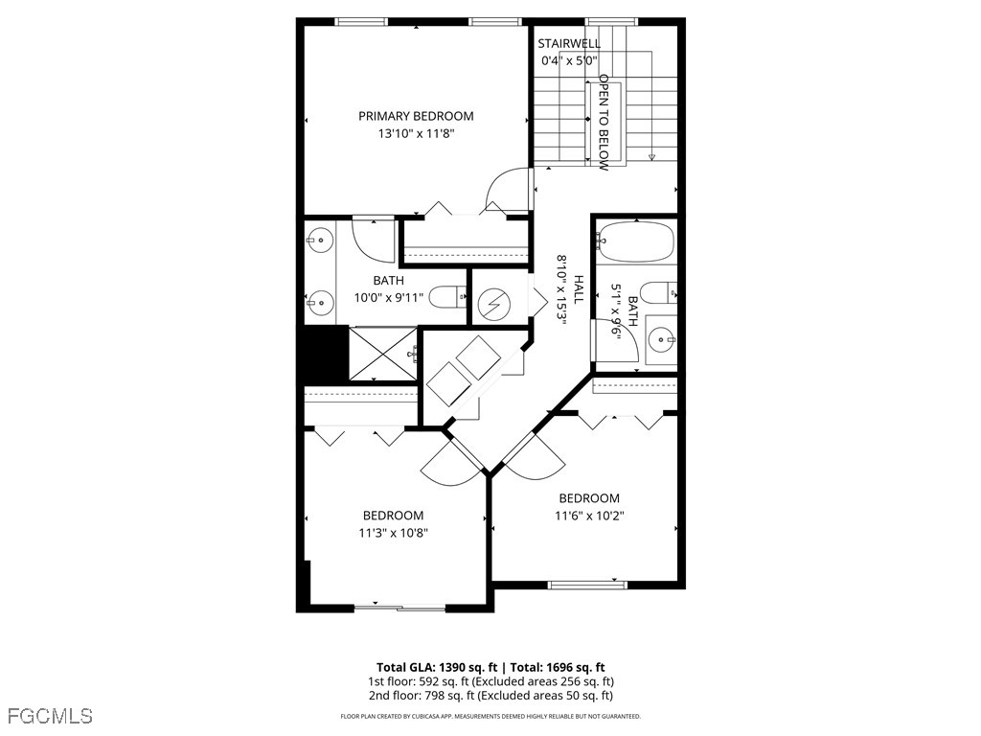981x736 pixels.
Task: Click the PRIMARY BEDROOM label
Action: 416,116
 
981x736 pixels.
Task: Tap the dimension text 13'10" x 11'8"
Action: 416,134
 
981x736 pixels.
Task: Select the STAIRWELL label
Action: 569,43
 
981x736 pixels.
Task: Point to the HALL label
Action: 579,290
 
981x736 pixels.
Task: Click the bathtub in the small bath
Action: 635,241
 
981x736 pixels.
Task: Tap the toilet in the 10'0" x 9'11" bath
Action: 446,298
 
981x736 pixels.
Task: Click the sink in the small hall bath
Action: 660,337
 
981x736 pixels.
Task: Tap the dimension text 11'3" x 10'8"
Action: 393,533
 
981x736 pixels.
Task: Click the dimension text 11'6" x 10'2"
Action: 589,516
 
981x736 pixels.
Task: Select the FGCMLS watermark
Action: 50,715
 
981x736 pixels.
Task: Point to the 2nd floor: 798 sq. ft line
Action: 490,696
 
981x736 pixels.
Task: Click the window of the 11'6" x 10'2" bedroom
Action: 587,584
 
